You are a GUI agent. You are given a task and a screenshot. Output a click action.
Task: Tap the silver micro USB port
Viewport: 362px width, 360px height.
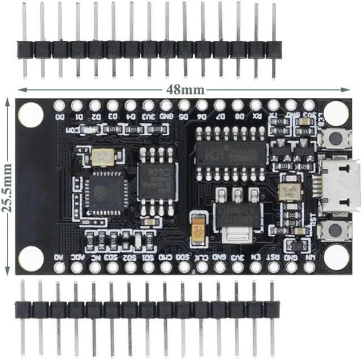341,184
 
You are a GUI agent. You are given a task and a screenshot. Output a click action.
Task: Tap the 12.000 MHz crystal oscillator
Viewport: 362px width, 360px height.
289,192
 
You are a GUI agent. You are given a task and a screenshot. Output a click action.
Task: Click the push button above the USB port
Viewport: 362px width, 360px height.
337,139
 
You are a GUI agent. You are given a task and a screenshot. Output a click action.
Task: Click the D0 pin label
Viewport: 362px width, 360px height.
59,117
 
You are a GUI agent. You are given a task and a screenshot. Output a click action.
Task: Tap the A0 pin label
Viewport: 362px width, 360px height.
59,256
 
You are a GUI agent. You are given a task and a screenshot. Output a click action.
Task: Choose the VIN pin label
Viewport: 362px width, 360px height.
309,256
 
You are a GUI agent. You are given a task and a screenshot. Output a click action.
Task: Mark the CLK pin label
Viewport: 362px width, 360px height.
202,256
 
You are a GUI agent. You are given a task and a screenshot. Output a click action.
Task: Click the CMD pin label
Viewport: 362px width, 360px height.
166,256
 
